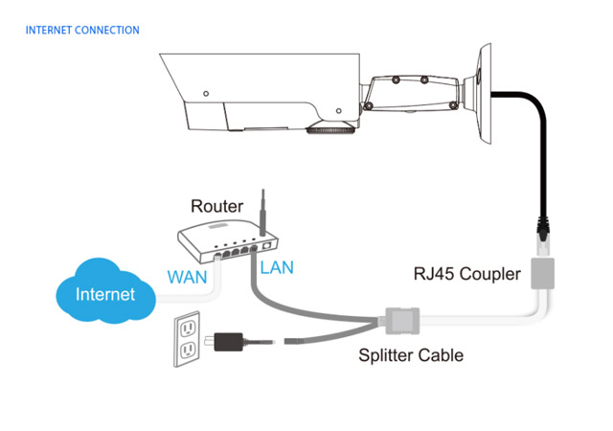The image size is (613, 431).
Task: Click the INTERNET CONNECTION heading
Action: point(82,31)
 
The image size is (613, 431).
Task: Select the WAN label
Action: point(188,277)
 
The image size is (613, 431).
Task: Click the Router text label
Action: point(216,206)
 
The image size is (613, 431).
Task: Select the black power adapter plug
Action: point(230,340)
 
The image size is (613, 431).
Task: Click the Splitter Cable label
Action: point(411,355)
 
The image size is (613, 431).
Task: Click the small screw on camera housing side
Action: point(206,94)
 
